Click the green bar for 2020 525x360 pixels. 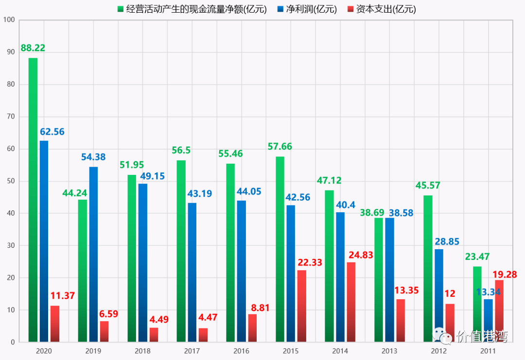33,200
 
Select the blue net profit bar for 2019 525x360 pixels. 93,254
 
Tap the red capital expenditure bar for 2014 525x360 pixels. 351,302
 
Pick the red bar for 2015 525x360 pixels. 302,306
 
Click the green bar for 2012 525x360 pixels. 428,269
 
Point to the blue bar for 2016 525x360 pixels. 242,272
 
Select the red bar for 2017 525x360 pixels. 203,335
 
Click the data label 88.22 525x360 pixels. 33,48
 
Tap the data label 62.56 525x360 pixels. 52,132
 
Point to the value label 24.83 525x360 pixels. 361,255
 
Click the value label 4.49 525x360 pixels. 159,320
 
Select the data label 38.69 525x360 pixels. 372,212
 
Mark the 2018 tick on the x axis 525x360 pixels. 142,351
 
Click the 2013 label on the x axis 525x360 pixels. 389,351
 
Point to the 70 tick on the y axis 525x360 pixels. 11,117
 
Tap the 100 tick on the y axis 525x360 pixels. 9,20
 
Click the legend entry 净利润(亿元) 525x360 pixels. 307,9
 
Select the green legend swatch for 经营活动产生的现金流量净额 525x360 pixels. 121,9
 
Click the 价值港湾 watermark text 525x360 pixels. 482,336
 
